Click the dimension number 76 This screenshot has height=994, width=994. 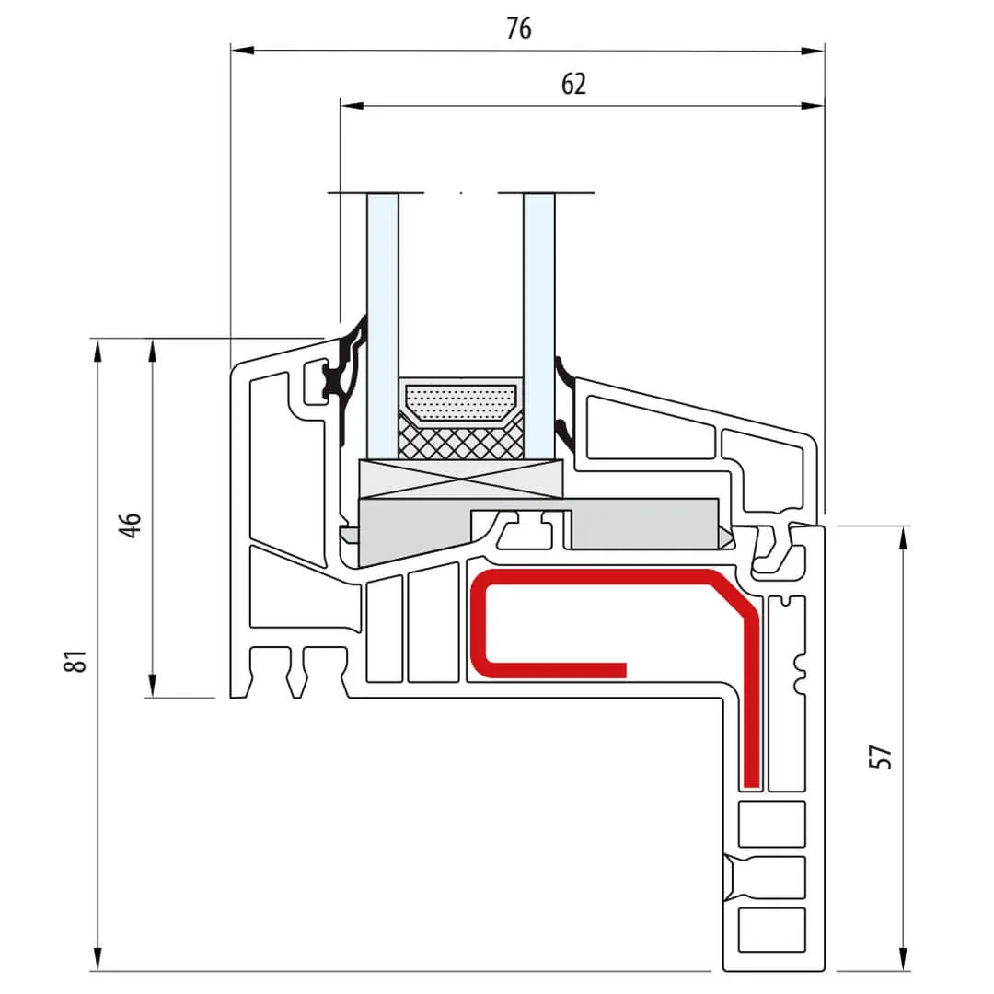[519, 29]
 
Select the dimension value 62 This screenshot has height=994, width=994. [573, 85]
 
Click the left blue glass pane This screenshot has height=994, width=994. [383, 322]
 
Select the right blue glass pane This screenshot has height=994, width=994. [539, 322]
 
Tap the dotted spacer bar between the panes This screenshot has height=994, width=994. [461, 401]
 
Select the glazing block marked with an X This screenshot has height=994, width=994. [460, 479]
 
